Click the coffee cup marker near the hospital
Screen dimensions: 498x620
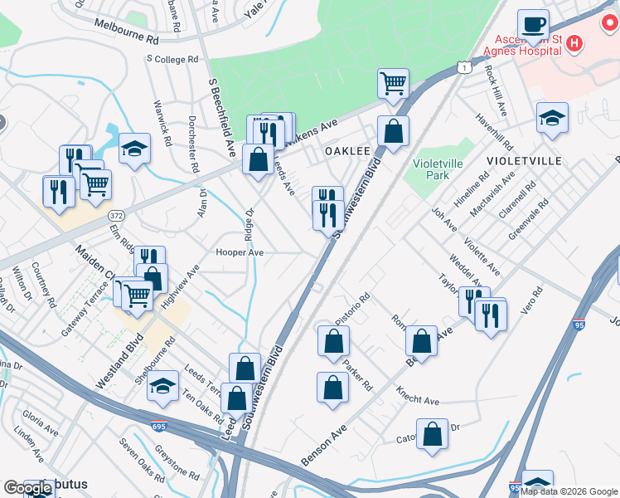(533, 25)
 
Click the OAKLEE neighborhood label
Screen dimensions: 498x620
(346, 151)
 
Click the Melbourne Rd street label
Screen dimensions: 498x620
(126, 38)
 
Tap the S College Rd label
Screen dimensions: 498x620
(172, 60)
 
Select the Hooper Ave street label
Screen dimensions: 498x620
(240, 252)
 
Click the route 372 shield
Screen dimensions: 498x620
(115, 214)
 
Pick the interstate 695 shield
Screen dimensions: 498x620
(159, 427)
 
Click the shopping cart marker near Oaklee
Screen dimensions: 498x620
(393, 83)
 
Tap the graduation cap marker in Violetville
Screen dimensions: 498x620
(552, 117)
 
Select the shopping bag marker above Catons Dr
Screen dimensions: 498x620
(432, 434)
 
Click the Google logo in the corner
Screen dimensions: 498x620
(28, 488)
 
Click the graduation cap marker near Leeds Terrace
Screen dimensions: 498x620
(163, 386)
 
